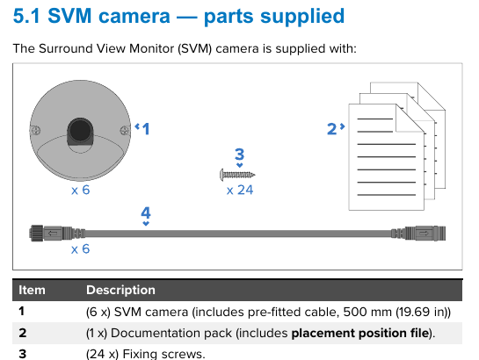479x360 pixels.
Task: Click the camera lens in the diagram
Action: (80, 131)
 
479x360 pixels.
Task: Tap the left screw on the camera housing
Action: (36, 130)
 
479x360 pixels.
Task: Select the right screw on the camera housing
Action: (125, 131)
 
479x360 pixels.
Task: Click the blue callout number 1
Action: (146, 129)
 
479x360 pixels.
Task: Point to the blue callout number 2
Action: (331, 129)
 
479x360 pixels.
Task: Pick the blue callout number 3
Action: (239, 154)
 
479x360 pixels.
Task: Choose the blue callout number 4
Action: (146, 212)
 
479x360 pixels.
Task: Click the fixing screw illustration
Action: (237, 175)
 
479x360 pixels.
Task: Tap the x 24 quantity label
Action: (240, 190)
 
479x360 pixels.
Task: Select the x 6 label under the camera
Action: (80, 190)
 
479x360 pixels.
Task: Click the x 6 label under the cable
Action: (80, 249)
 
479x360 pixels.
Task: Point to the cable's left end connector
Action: (57, 234)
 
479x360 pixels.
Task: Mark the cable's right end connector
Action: (418, 234)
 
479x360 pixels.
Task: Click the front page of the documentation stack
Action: (387, 157)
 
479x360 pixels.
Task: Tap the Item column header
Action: (32, 290)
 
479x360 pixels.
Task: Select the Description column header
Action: (120, 290)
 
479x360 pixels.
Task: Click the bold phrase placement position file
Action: (360, 333)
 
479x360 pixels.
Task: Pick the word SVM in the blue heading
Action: (69, 16)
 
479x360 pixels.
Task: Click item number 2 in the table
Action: (22, 333)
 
